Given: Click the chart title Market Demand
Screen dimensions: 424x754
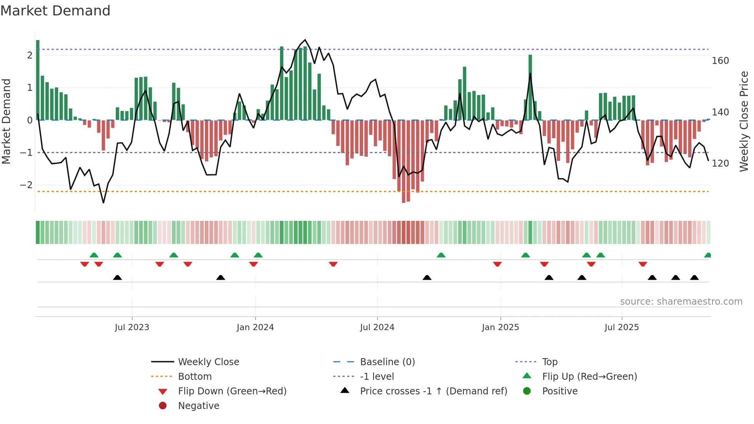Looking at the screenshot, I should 55,11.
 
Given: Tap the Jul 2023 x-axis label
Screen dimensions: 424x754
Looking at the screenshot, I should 132,327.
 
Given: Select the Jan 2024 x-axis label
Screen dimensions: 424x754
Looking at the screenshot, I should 255,327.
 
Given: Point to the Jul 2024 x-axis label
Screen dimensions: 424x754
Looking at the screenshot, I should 377,327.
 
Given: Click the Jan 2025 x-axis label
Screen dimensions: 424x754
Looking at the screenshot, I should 500,327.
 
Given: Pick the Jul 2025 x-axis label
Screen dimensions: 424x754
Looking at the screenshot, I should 622,327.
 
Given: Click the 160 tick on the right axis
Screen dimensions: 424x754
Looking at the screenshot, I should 720,61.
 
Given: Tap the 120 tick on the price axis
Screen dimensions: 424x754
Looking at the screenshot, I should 720,164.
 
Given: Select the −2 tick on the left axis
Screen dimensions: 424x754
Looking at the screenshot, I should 26,185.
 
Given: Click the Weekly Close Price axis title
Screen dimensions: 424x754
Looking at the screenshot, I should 744,121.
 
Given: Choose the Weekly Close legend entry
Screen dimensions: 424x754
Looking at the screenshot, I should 208,362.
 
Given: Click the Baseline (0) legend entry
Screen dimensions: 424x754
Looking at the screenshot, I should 387,362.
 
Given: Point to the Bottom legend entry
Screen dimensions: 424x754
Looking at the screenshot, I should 195,377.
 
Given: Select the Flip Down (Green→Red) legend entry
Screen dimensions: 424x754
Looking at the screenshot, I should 232,391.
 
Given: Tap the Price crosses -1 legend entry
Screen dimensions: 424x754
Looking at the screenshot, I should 433,391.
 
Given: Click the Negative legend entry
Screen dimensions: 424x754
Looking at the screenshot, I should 199,406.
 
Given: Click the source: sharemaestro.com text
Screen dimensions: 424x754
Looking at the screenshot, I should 681,302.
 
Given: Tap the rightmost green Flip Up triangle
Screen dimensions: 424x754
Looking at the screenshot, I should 707,255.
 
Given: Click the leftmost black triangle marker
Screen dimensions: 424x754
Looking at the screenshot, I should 117,278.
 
